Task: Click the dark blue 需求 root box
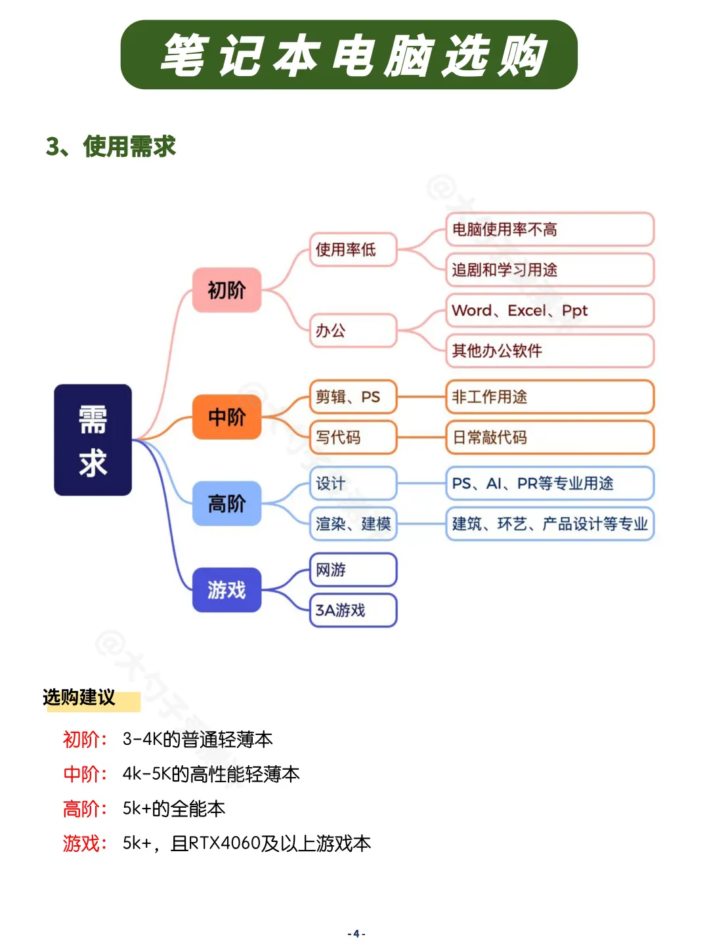click(x=93, y=440)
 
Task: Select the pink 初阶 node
click(x=226, y=289)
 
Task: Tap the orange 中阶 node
click(x=226, y=417)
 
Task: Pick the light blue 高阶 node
click(x=226, y=503)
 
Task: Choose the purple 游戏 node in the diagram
click(x=226, y=590)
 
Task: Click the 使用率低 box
click(x=353, y=249)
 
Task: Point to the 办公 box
click(x=353, y=330)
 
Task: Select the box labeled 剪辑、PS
click(x=353, y=397)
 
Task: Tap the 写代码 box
click(x=353, y=437)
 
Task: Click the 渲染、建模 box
click(x=353, y=524)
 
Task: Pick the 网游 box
click(x=353, y=570)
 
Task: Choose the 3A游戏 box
click(x=353, y=610)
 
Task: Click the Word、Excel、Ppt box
click(x=549, y=310)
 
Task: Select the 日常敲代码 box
click(x=549, y=437)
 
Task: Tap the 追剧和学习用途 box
click(x=549, y=270)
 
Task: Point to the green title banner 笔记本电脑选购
click(x=349, y=55)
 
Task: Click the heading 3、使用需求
click(x=111, y=146)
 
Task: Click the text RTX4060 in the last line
click(x=225, y=843)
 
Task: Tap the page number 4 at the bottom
click(x=356, y=934)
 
